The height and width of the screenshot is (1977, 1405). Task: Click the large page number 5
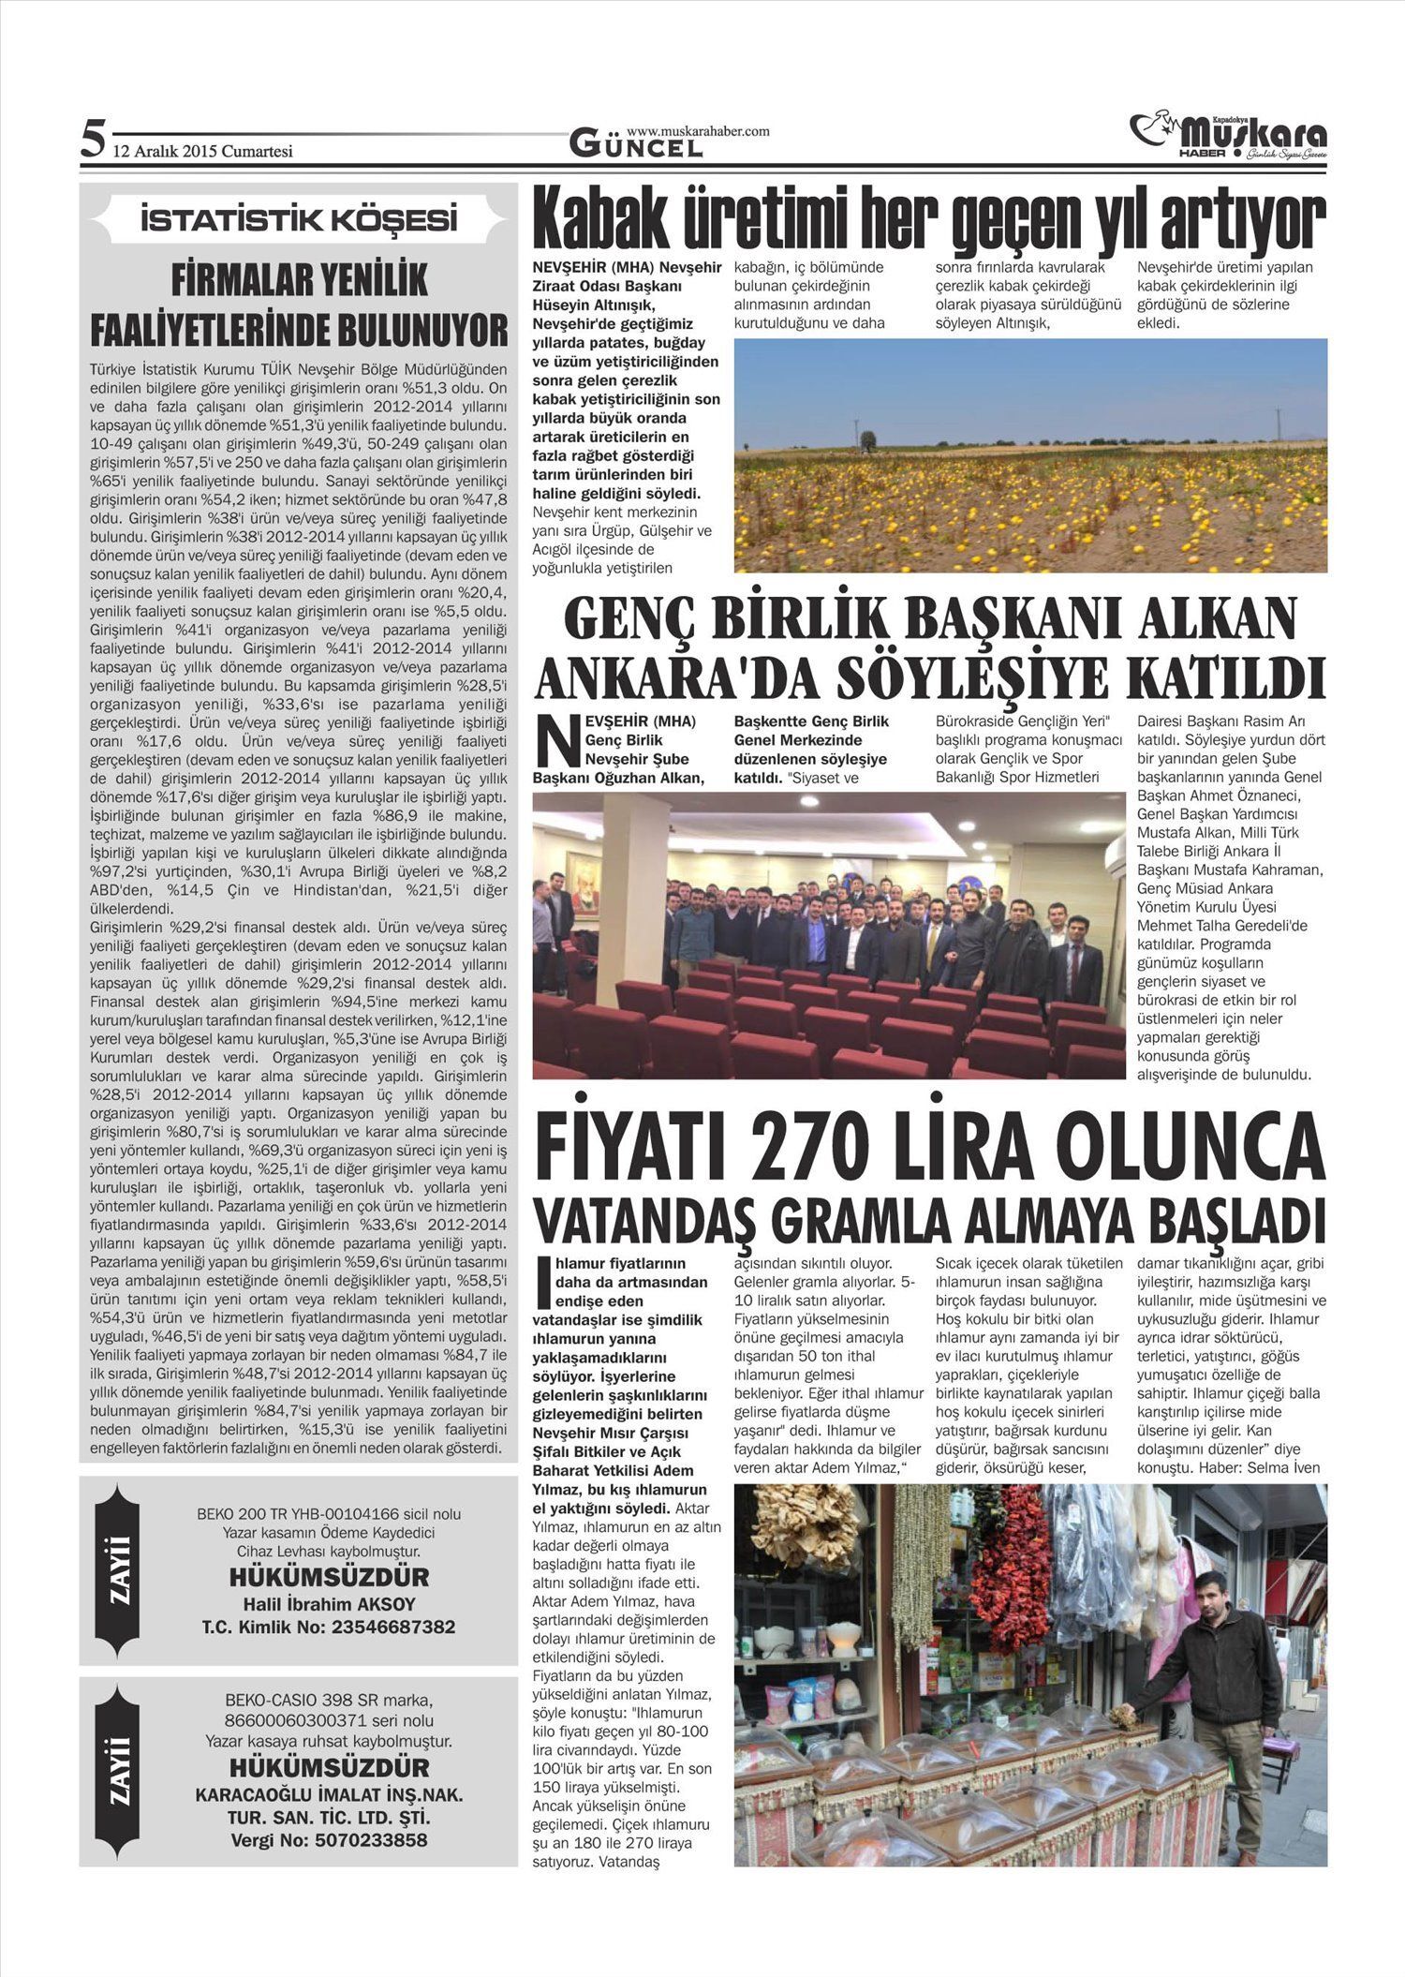click(92, 141)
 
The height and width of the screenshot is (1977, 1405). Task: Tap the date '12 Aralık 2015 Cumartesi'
click(202, 151)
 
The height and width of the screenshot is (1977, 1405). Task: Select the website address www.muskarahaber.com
click(698, 131)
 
